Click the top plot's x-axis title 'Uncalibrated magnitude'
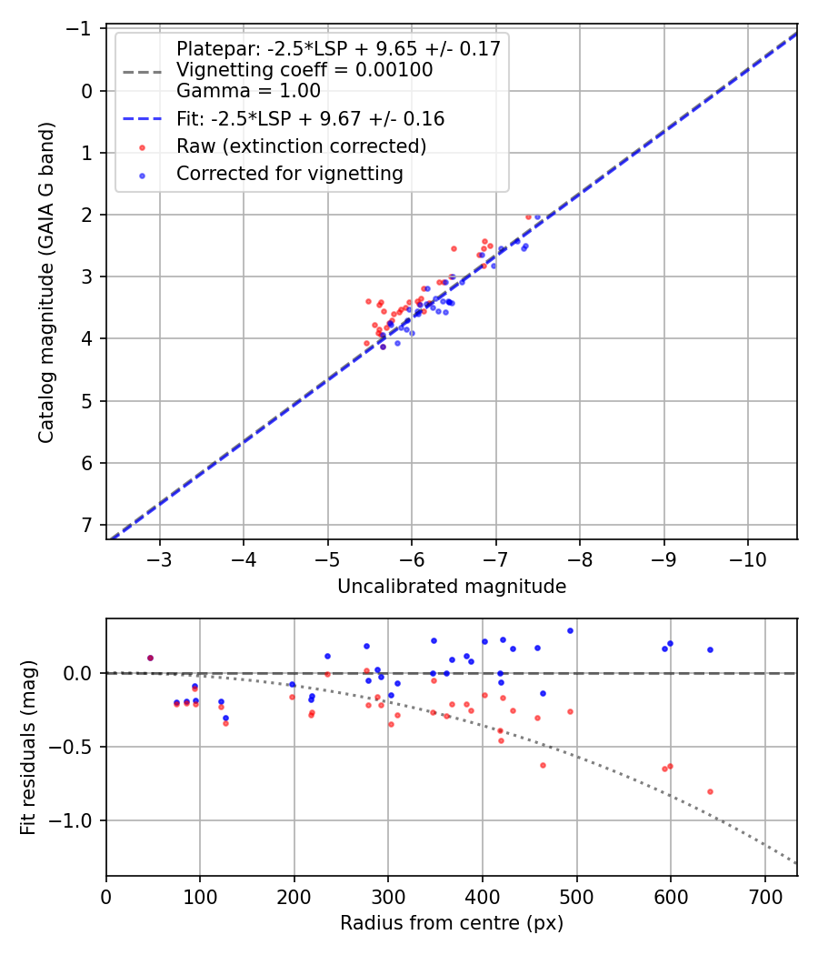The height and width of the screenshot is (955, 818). click(x=452, y=587)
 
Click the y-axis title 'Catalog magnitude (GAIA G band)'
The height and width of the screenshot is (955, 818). click(x=46, y=283)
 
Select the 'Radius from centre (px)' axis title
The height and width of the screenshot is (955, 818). click(x=452, y=923)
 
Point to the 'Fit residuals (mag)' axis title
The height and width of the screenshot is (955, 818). click(x=28, y=748)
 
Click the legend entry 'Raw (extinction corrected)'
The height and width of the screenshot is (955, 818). click(x=301, y=146)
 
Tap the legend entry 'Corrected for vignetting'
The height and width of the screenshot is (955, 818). click(x=289, y=173)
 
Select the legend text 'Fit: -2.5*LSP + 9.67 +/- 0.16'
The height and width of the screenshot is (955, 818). click(x=310, y=119)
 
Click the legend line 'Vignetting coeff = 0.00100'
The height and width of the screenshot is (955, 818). click(x=304, y=70)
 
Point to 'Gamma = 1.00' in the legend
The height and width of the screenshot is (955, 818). click(x=248, y=91)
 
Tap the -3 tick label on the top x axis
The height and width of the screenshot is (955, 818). click(x=160, y=558)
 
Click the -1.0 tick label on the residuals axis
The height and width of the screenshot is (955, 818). click(x=75, y=820)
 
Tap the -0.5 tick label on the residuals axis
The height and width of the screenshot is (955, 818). click(x=75, y=747)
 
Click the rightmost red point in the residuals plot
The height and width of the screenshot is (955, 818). click(x=710, y=791)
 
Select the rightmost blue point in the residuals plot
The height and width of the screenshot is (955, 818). click(x=710, y=649)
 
